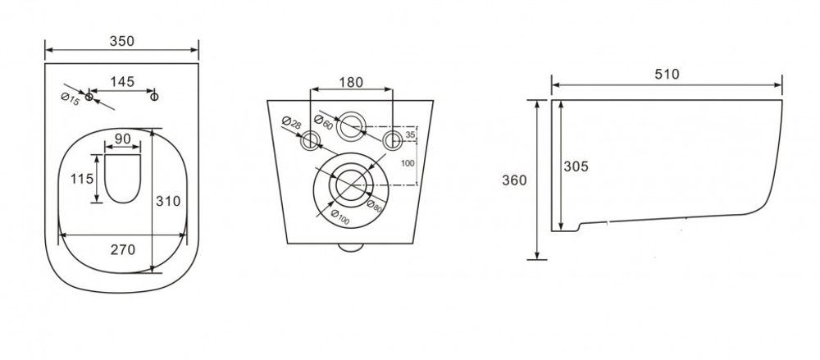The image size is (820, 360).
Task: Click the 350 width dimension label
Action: click(x=122, y=41)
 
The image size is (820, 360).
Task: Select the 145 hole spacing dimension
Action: click(x=122, y=82)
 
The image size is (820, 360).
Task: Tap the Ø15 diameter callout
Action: click(x=70, y=99)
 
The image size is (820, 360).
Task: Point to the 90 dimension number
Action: click(x=122, y=139)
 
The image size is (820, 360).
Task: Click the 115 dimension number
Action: click(x=82, y=179)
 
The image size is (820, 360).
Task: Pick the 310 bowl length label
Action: click(x=169, y=201)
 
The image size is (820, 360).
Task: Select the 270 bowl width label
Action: click(x=122, y=249)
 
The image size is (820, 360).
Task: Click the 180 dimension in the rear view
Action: click(x=350, y=83)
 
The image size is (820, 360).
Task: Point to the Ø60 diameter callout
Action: click(x=324, y=122)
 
